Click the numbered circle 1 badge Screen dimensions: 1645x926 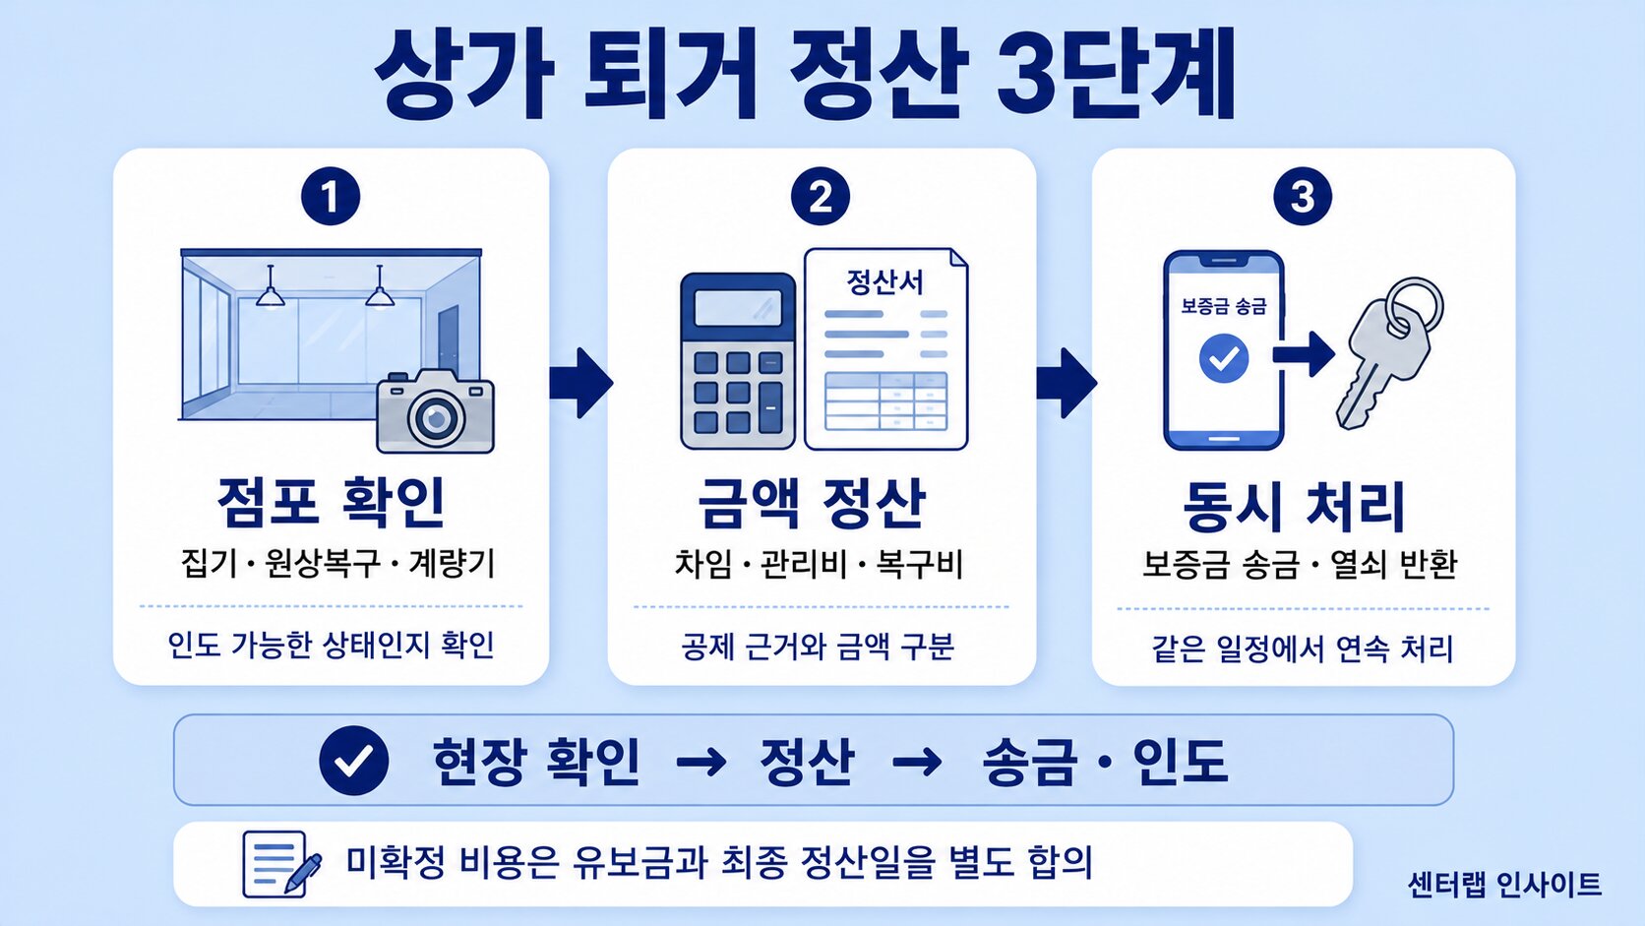click(331, 196)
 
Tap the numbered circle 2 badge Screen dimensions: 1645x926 click(821, 196)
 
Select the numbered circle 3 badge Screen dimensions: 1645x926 click(1303, 196)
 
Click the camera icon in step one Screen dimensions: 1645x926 click(436, 411)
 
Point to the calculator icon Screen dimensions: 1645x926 click(738, 360)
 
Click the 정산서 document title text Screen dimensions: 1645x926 click(884, 282)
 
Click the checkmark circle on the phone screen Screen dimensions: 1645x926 click(1224, 358)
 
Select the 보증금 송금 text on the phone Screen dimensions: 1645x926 click(1224, 305)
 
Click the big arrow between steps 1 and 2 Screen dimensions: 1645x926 click(580, 383)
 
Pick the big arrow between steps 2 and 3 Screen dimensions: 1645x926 click(1066, 383)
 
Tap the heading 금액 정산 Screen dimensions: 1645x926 click(812, 504)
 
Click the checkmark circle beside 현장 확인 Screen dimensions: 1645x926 click(354, 761)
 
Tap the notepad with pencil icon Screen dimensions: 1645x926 click(282, 864)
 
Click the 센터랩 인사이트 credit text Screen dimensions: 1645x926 click(1504, 885)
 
